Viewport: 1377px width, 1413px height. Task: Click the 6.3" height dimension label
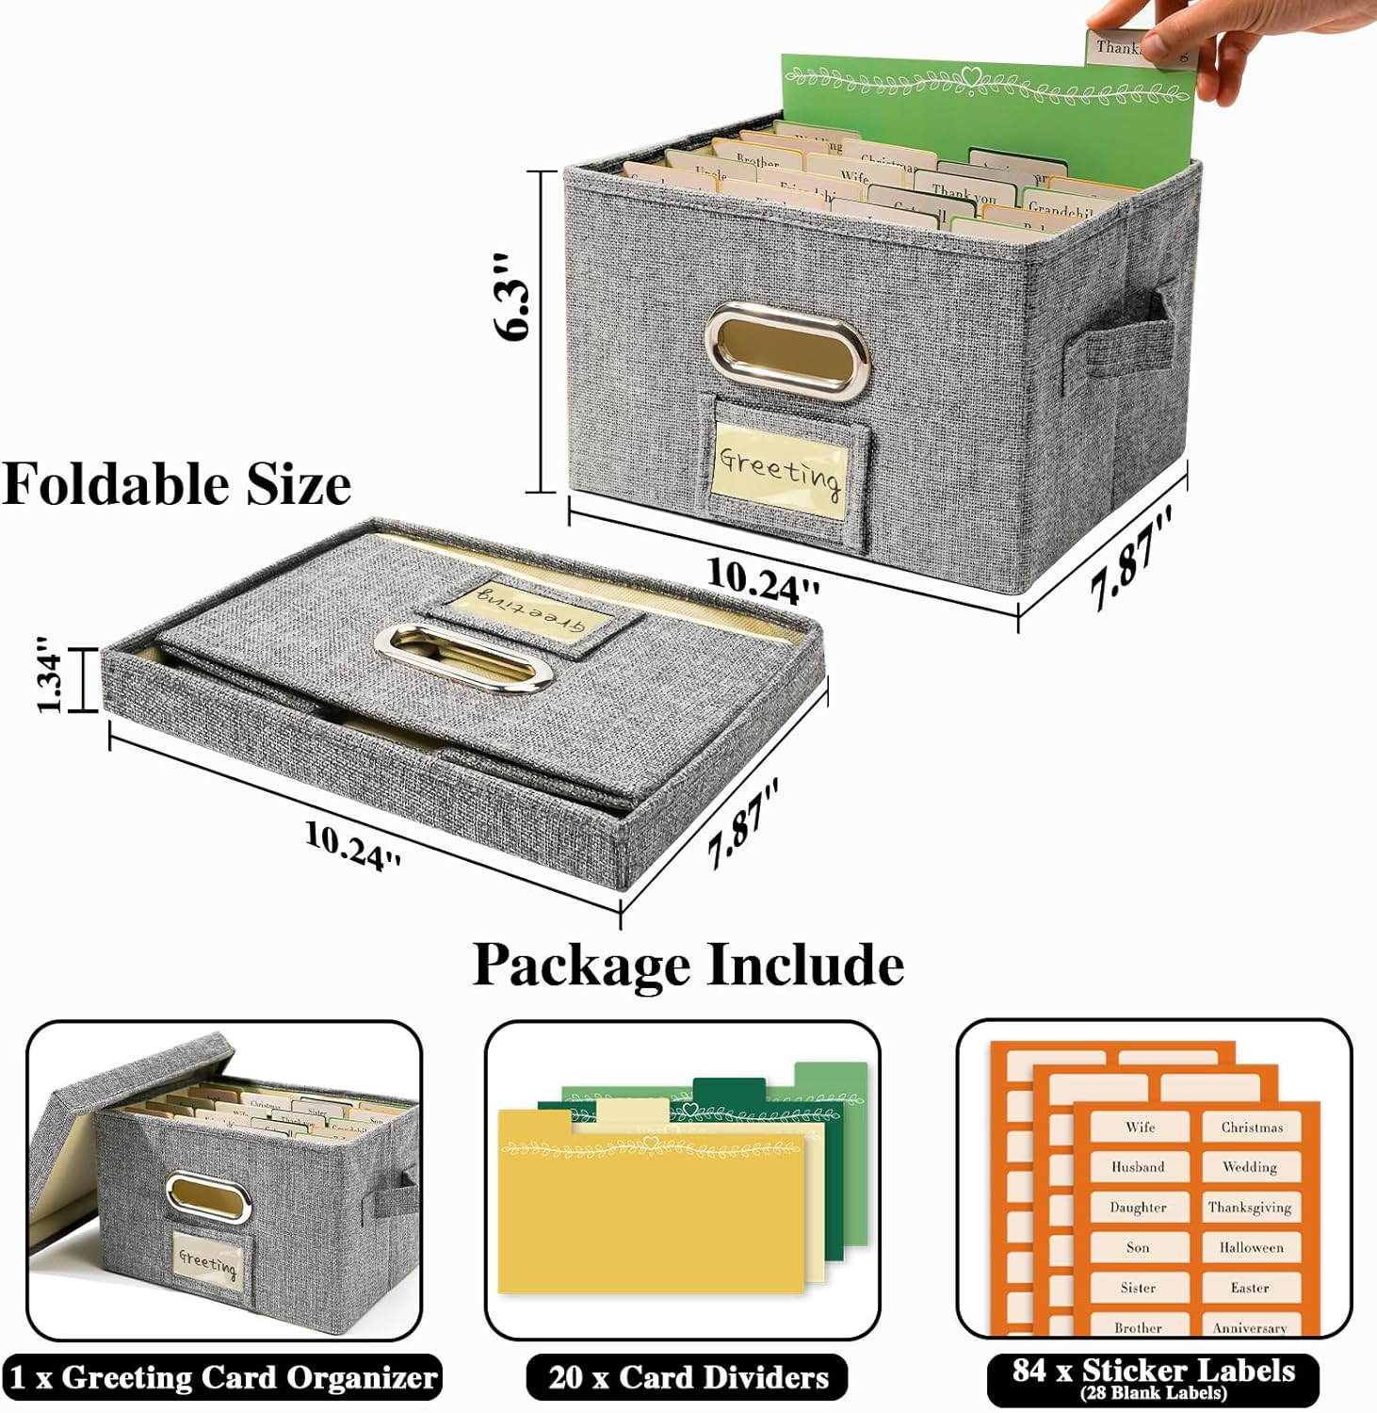click(x=513, y=296)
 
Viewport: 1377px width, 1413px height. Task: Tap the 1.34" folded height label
click(x=49, y=675)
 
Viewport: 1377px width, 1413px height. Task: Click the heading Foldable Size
click(x=176, y=484)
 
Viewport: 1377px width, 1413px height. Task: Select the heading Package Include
click(x=688, y=965)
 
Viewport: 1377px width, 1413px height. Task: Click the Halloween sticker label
click(x=1251, y=1247)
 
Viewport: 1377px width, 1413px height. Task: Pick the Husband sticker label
click(x=1138, y=1167)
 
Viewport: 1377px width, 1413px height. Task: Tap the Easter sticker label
click(x=1250, y=1288)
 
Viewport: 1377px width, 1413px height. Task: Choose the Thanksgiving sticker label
click(x=1250, y=1207)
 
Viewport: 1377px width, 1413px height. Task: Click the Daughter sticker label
click(x=1138, y=1207)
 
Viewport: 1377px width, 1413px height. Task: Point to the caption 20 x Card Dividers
click(x=688, y=1377)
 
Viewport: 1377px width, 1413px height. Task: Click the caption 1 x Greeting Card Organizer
click(x=222, y=1377)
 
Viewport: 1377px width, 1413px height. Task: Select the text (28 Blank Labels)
click(x=1153, y=1393)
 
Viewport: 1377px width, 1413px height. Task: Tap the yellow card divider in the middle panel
click(x=650, y=1215)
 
